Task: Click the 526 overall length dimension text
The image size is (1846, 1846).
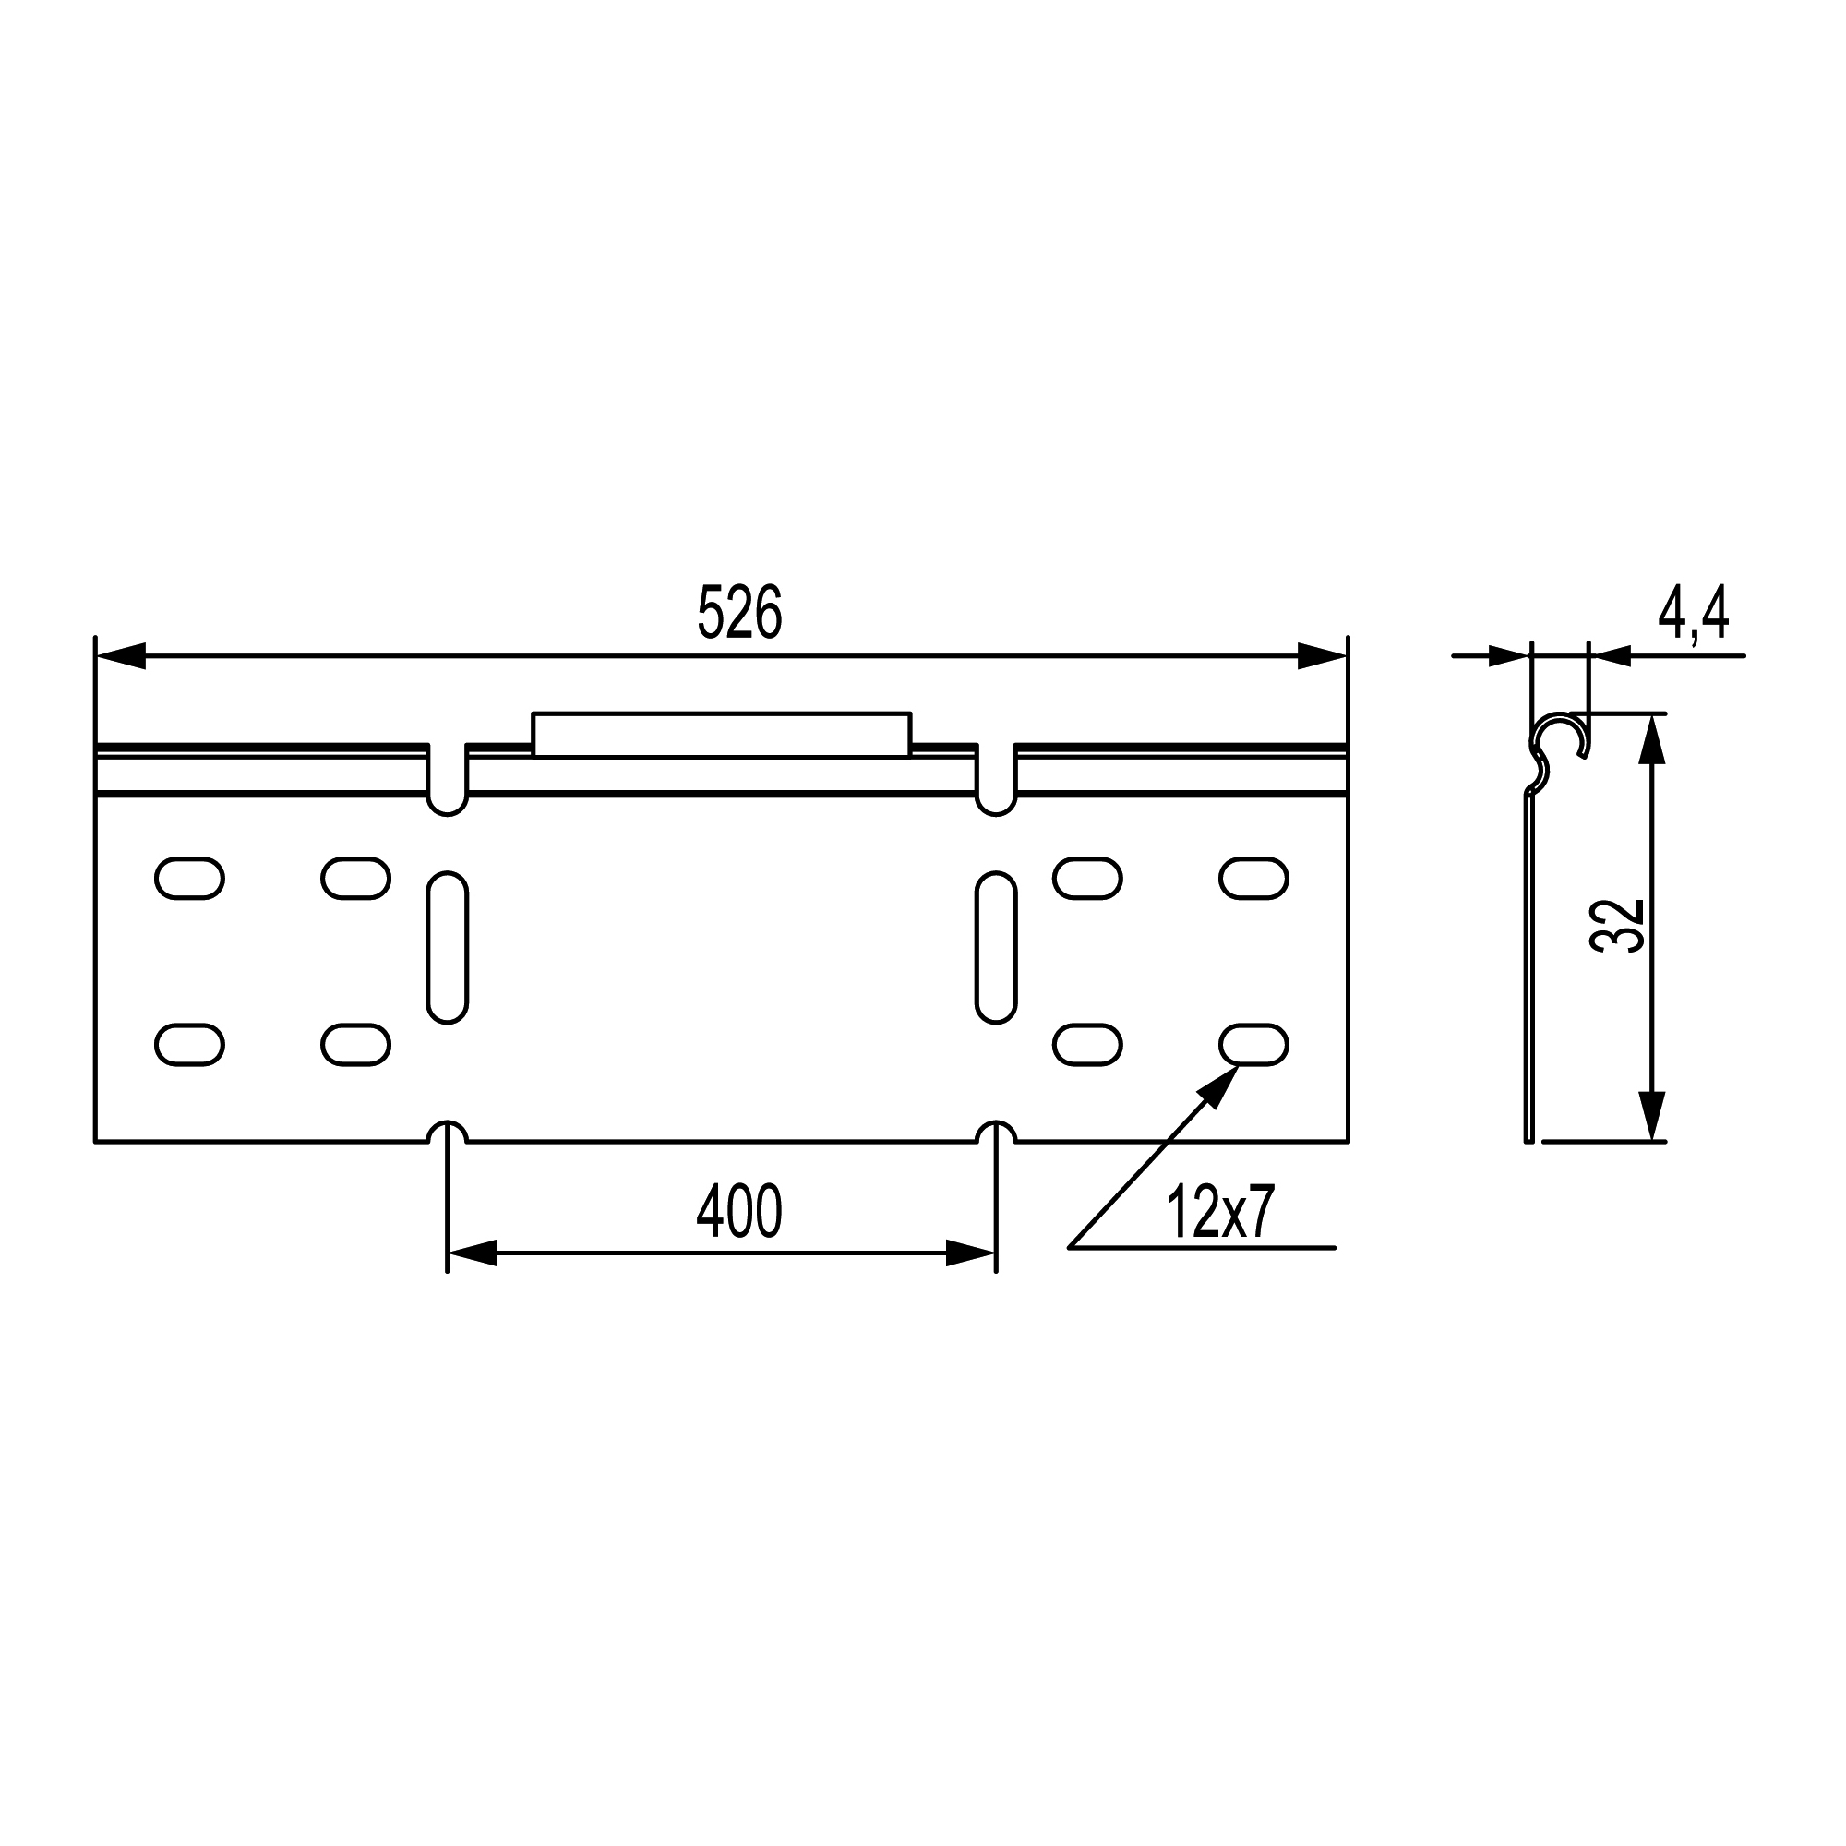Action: (x=739, y=613)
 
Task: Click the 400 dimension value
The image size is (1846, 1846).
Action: (x=738, y=1212)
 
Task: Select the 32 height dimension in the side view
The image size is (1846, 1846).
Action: (x=1617, y=925)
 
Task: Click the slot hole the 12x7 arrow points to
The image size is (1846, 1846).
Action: (x=1253, y=1044)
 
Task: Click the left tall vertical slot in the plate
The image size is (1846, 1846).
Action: (x=447, y=947)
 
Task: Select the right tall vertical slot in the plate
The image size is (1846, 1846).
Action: (x=996, y=947)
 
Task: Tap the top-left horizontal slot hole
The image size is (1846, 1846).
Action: (x=189, y=878)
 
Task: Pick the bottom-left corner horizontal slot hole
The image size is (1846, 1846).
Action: (x=189, y=1044)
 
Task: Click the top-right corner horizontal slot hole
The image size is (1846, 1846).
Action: (x=1253, y=878)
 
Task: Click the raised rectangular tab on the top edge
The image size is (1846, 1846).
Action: (x=722, y=734)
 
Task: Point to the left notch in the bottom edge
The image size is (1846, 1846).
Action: (x=447, y=1133)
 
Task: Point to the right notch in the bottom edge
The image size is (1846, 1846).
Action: (x=996, y=1133)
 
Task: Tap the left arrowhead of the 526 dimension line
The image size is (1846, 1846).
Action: (x=120, y=656)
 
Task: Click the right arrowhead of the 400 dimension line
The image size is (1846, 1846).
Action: (x=971, y=1253)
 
